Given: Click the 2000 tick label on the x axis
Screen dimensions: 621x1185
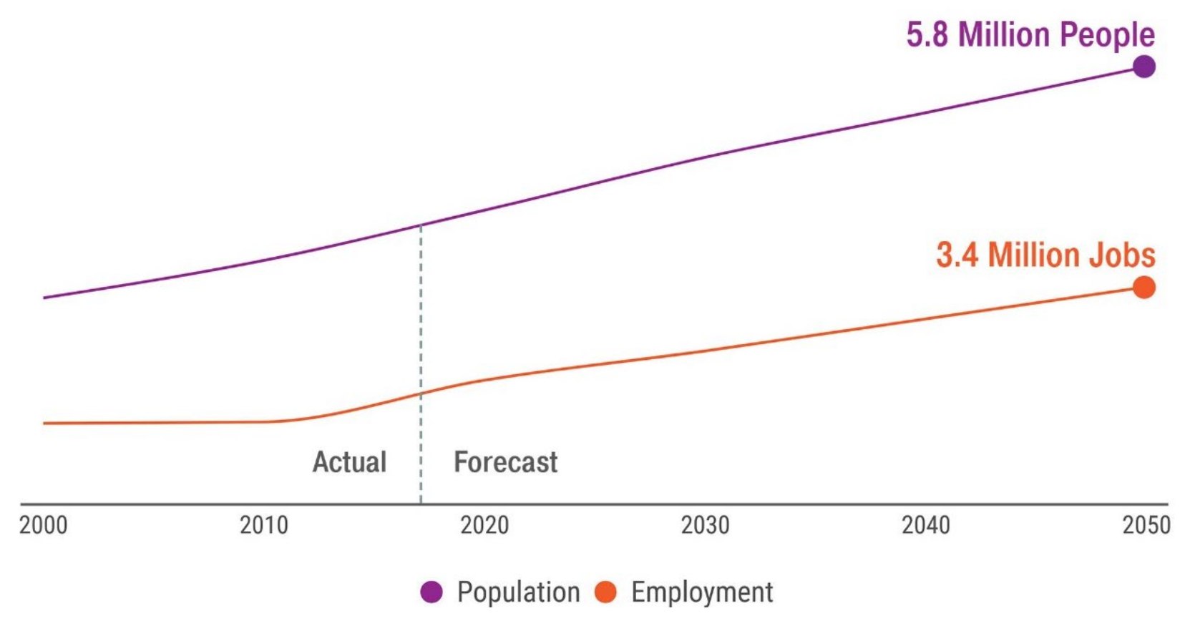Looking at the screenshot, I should pyautogui.click(x=43, y=525).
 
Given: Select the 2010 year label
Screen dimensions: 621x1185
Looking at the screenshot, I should pyautogui.click(x=263, y=525).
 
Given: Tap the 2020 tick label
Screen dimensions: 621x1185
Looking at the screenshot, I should pyautogui.click(x=484, y=525).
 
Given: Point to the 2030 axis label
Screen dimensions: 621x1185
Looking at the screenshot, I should pyautogui.click(x=705, y=525).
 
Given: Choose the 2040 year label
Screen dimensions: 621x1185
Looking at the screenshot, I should pyautogui.click(x=925, y=525).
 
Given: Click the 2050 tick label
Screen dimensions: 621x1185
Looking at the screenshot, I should pyautogui.click(x=1146, y=525).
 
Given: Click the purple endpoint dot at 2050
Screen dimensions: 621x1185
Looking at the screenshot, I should pyautogui.click(x=1143, y=67).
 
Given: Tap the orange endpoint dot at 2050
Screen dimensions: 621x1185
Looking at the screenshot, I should pyautogui.click(x=1143, y=288).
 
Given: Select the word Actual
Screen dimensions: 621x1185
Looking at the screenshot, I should pyautogui.click(x=349, y=462).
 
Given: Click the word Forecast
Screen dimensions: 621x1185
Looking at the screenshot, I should pyautogui.click(x=505, y=462).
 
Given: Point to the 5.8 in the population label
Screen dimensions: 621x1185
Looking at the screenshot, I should pyautogui.click(x=927, y=34).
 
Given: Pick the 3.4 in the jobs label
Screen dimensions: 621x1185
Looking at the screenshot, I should pyautogui.click(x=957, y=255).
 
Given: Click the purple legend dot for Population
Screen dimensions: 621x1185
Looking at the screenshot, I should pyautogui.click(x=431, y=592).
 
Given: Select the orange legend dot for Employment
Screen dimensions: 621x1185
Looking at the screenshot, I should pyautogui.click(x=605, y=592).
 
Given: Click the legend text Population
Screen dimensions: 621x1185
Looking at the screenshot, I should pyautogui.click(x=518, y=592).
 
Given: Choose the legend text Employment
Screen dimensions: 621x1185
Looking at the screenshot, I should pyautogui.click(x=701, y=592).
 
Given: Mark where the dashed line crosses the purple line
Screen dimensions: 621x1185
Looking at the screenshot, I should pyautogui.click(x=421, y=225).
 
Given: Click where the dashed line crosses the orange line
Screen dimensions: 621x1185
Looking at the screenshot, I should pyautogui.click(x=421, y=393).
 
